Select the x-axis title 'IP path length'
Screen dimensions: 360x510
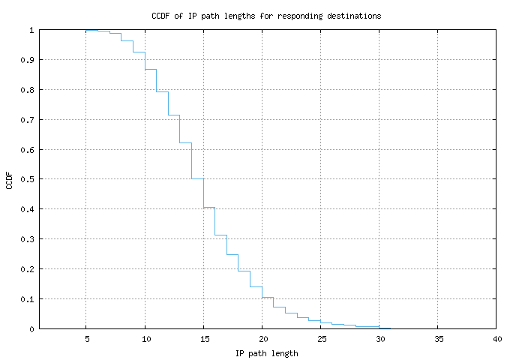pos(267,352)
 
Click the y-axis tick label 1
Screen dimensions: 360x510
pos(31,30)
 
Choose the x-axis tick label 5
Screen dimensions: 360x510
pos(86,339)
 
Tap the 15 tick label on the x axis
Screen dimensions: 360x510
pos(203,339)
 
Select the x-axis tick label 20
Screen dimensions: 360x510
pos(262,339)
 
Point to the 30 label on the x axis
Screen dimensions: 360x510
pos(379,339)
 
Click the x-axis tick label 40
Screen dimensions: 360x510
pos(496,339)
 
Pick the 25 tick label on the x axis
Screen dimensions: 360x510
pos(321,339)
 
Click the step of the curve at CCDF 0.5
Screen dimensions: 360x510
pos(197,178)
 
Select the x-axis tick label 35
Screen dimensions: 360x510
pos(438,339)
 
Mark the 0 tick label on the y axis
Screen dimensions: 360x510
pos(31,328)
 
